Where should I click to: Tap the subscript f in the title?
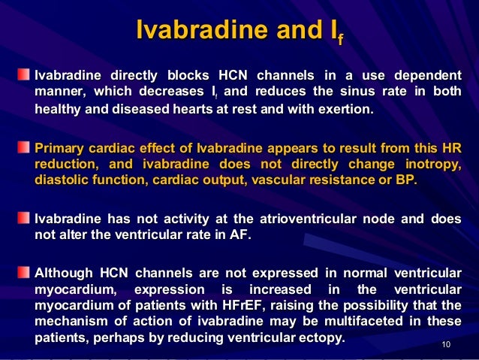click(x=340, y=38)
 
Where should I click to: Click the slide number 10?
click(x=447, y=345)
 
